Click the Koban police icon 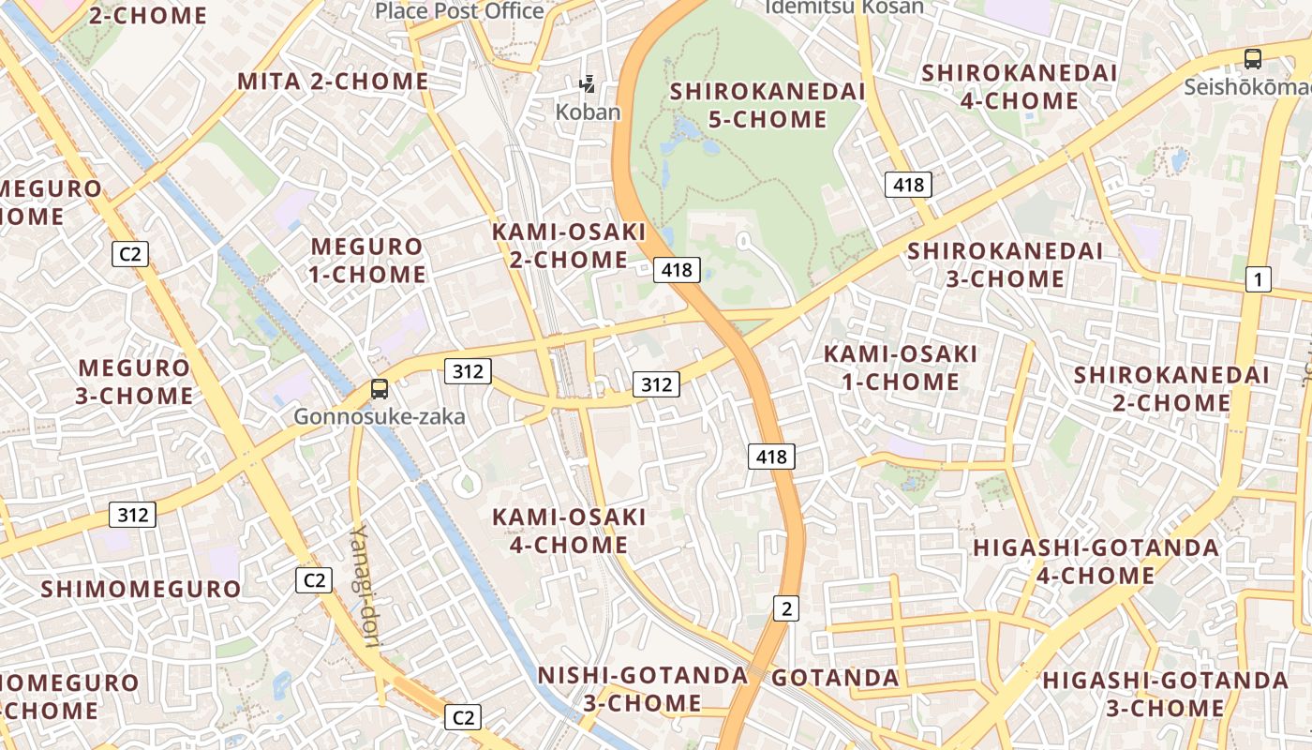588,85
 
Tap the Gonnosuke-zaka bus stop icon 380,389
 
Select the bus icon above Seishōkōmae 1253,59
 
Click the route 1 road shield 1259,278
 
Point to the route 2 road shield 786,608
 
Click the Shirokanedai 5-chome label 768,105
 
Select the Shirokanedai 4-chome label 1020,86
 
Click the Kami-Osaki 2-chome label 570,246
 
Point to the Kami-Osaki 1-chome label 900,367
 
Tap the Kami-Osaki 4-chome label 570,531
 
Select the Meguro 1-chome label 368,261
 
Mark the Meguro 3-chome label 134,382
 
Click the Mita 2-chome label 333,82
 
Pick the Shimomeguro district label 142,589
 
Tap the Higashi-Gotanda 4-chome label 1096,561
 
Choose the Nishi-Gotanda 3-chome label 643,689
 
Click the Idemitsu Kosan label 844,7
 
